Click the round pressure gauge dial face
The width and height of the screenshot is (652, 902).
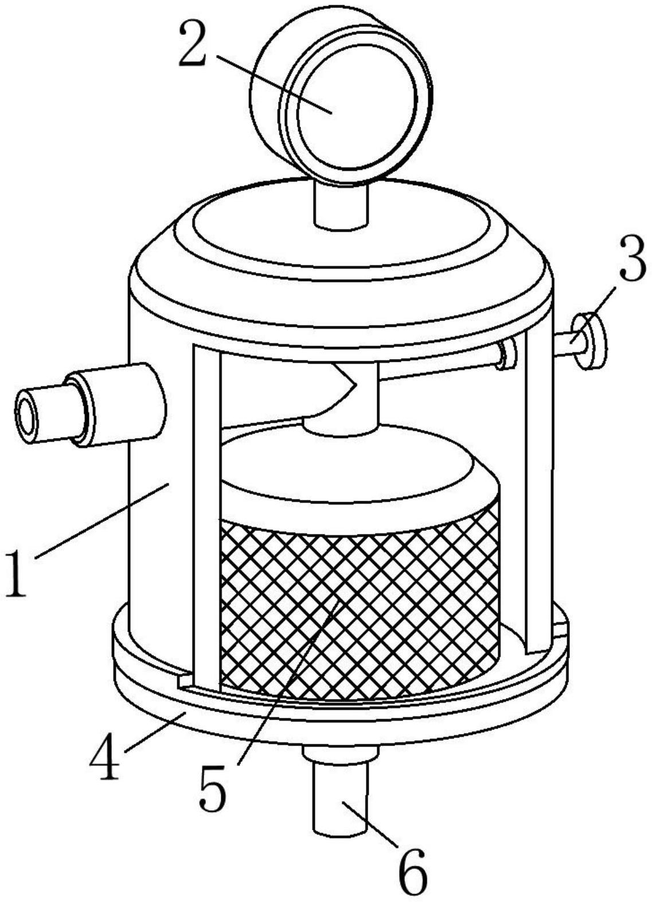point(356,106)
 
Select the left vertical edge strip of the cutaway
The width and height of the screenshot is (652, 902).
point(207,516)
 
